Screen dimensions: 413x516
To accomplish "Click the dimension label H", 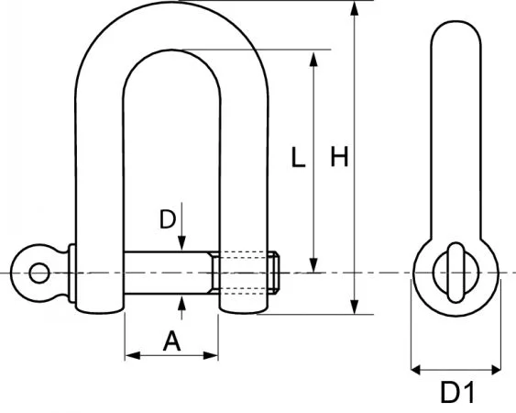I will [x=339, y=158].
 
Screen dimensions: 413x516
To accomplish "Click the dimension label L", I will [x=296, y=158].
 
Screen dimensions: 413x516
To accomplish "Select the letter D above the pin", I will [x=167, y=219].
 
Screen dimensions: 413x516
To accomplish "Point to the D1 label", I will [x=456, y=393].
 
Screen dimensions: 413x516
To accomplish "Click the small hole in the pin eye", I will [x=38, y=273].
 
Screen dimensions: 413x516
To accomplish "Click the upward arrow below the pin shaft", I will [x=183, y=302].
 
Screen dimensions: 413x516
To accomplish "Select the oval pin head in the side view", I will [x=456, y=272].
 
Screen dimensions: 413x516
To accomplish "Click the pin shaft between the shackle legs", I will [x=170, y=273].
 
